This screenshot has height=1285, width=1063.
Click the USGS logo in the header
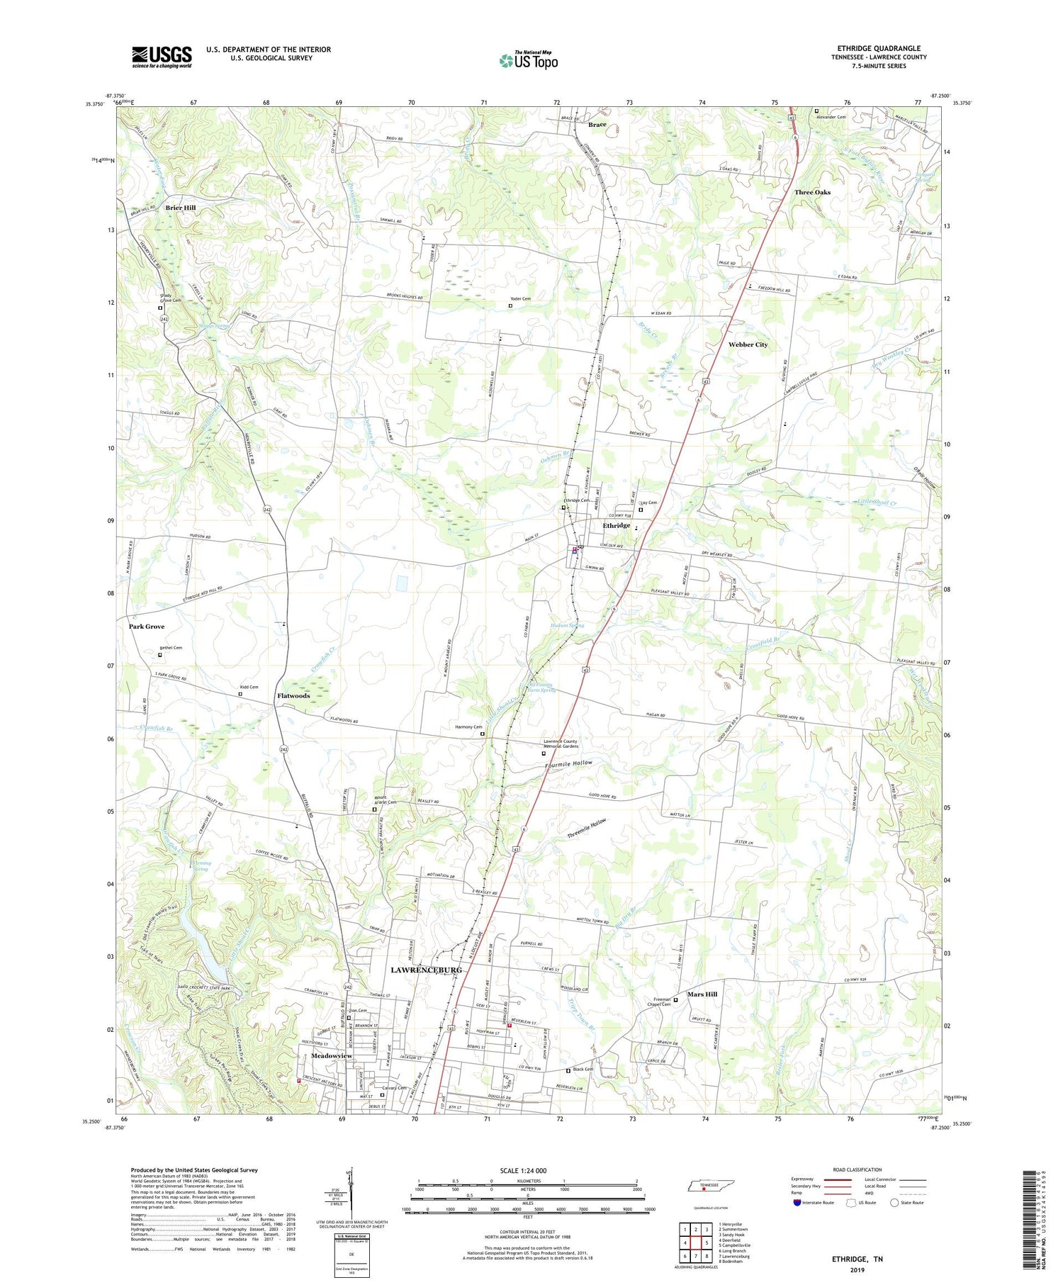click(162, 57)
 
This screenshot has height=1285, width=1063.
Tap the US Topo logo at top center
click(529, 60)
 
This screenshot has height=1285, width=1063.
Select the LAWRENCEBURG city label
click(426, 970)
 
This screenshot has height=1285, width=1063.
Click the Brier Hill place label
click(181, 208)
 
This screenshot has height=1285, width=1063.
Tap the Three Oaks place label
click(812, 192)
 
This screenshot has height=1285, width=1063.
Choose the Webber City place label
click(748, 344)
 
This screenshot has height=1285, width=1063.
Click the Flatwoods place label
click(293, 696)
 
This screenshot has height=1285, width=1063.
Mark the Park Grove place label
click(147, 627)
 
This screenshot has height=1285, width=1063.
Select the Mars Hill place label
click(702, 994)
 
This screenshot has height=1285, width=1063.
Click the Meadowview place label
click(332, 1055)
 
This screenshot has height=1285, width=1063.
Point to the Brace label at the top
click(597, 125)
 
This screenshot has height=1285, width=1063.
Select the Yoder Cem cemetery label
click(520, 299)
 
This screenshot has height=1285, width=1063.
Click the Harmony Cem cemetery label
click(468, 726)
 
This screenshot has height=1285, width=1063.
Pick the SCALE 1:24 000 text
click(527, 1171)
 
